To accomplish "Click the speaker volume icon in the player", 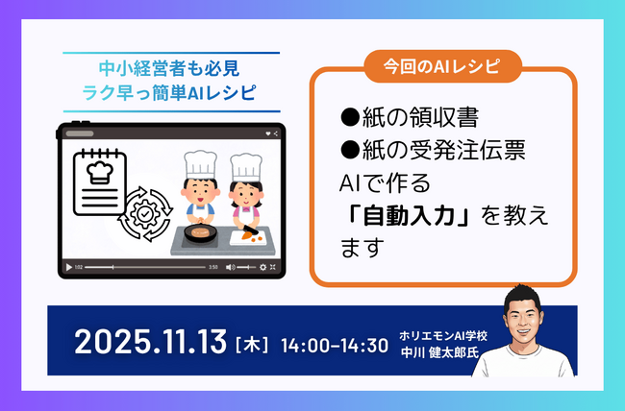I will [231, 266].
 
